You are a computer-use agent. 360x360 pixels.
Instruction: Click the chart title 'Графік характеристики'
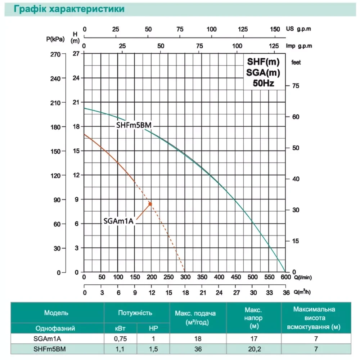coord(69,9)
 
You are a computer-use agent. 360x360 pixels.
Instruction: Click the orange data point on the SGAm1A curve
coord(150,204)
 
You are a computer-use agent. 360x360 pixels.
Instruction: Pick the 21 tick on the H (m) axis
coord(76,102)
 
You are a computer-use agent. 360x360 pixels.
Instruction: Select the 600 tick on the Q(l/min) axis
coord(285,277)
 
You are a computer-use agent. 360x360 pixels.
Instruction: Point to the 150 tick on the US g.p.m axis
coord(275,29)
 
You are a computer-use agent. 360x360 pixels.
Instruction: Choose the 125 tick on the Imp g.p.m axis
coord(274,46)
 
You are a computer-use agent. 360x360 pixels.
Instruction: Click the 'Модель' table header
coord(57,313)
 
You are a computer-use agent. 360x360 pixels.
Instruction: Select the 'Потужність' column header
coord(135,313)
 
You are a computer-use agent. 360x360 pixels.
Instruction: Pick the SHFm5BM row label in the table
coord(57,348)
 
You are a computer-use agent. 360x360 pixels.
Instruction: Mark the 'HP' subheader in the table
coord(153,328)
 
